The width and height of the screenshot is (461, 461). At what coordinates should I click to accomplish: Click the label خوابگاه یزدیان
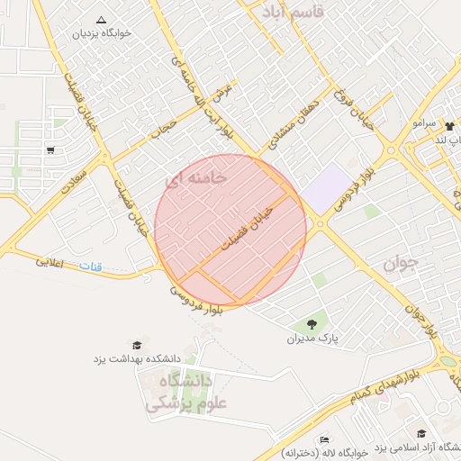point(102,33)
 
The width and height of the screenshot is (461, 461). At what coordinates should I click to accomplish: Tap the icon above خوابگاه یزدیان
point(100,19)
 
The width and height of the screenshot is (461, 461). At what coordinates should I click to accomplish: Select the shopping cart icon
point(50,150)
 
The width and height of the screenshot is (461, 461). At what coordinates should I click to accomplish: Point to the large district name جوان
point(402,263)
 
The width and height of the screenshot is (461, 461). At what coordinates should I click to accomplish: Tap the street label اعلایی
point(50,264)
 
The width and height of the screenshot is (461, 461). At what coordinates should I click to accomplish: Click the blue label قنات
point(91,267)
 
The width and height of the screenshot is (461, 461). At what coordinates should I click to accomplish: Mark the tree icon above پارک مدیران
point(312,323)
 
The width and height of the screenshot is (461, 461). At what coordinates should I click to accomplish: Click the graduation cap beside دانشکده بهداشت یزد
point(137,345)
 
